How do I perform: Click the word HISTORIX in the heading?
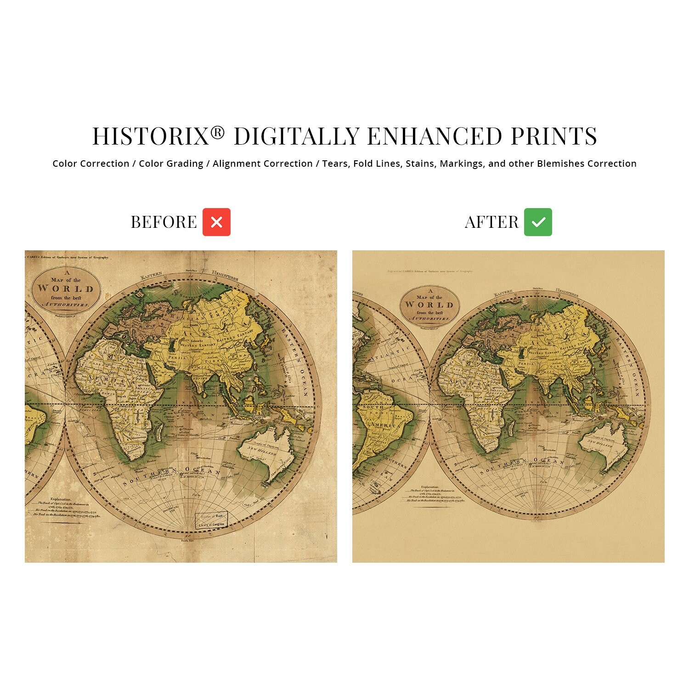[x=151, y=137]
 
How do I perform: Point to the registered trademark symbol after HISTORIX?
[x=218, y=133]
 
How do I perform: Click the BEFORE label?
[x=164, y=222]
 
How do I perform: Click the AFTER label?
[x=491, y=222]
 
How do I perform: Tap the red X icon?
[x=216, y=222]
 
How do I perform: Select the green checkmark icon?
[x=538, y=222]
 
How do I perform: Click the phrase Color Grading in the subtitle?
[x=171, y=164]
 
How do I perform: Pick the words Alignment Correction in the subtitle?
[x=262, y=164]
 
